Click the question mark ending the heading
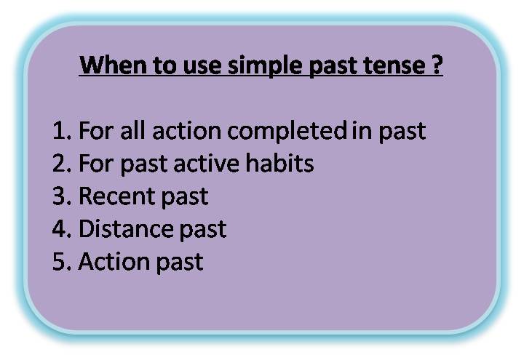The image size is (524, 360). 437,66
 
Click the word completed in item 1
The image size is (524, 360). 287,132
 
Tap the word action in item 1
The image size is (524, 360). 188,131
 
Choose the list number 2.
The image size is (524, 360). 61,164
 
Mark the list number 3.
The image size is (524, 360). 61,196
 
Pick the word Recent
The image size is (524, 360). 115,196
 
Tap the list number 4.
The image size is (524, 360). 61,229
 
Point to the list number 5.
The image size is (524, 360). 61,262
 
